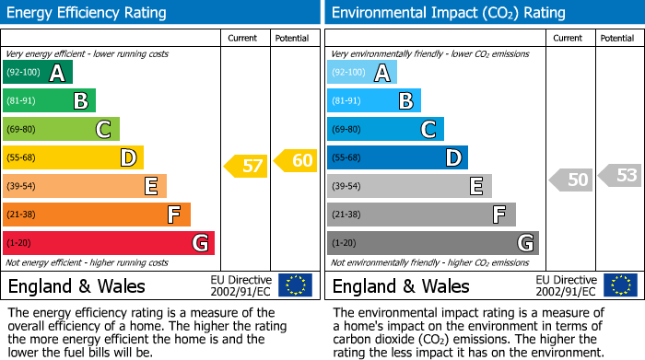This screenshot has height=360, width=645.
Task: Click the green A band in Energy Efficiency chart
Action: pyautogui.click(x=37, y=73)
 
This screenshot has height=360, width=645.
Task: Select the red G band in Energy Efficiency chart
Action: pyautogui.click(x=108, y=243)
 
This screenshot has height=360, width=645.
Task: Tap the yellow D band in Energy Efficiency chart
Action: pyautogui.click(x=73, y=158)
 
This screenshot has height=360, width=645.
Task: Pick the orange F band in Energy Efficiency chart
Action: pyautogui.click(x=96, y=215)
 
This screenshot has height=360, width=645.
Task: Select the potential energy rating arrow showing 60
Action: pyautogui.click(x=296, y=160)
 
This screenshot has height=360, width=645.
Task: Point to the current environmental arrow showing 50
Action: pyautogui.click(x=571, y=180)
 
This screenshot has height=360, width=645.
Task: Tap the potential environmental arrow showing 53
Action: pyautogui.click(x=620, y=174)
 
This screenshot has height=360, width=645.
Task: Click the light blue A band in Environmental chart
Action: pyautogui.click(x=362, y=73)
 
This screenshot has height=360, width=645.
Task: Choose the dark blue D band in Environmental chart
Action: pyautogui.click(x=397, y=158)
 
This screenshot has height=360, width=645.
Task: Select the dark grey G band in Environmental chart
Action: pyautogui.click(x=432, y=243)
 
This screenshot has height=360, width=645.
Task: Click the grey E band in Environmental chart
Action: pyautogui.click(x=409, y=186)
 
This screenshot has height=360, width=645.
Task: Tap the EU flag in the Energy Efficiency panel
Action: pyautogui.click(x=295, y=285)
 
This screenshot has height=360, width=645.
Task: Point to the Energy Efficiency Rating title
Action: pyautogui.click(x=88, y=13)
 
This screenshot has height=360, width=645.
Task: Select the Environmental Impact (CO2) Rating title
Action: pyautogui.click(x=448, y=13)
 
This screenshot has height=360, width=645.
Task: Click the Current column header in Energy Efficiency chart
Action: pyautogui.click(x=244, y=38)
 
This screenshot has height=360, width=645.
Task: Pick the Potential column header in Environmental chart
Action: pyautogui.click(x=617, y=38)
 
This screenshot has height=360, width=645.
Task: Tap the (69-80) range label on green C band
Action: pyautogui.click(x=23, y=130)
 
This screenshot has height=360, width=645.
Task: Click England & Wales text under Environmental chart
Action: pyautogui.click(x=401, y=286)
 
